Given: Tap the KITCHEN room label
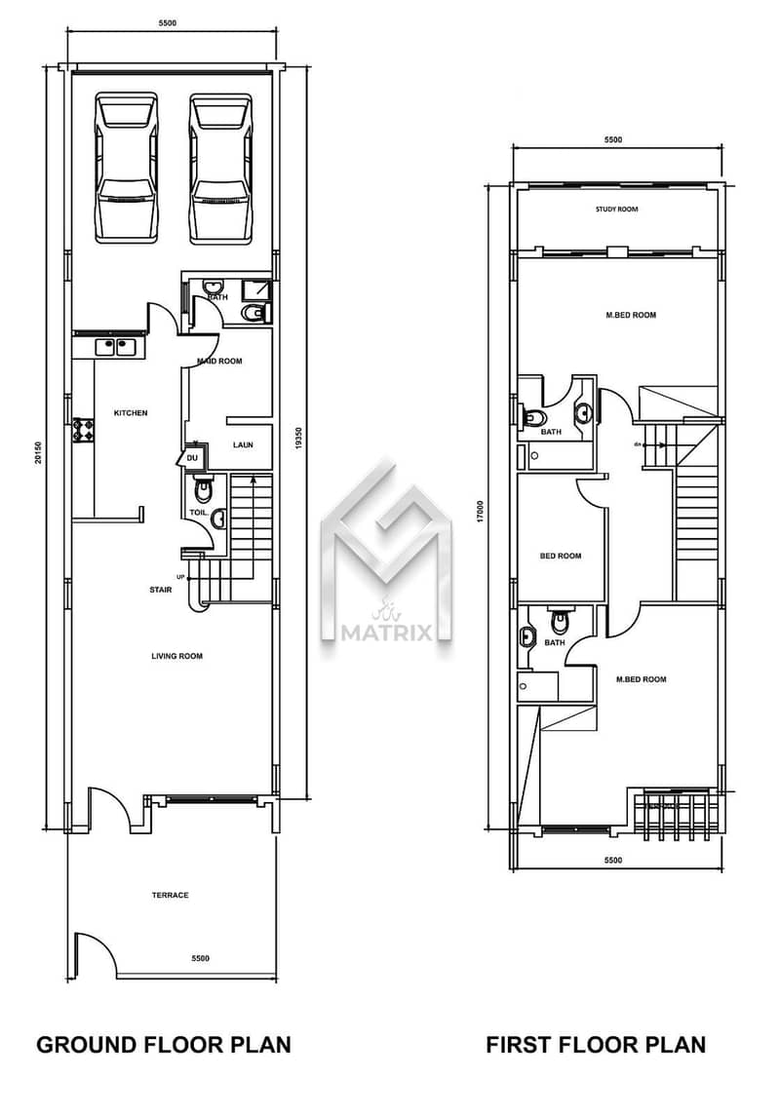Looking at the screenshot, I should pyautogui.click(x=131, y=413).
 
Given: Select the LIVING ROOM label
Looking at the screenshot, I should pyautogui.click(x=176, y=656).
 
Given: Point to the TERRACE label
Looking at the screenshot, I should pyautogui.click(x=170, y=895).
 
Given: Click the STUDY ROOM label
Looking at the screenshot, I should pyautogui.click(x=616, y=210).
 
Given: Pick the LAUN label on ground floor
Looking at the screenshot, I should pyautogui.click(x=243, y=445).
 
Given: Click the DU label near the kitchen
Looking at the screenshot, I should pyautogui.click(x=192, y=457).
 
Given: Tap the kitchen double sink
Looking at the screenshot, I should pyautogui.click(x=116, y=346).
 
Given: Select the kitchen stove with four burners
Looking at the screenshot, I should pyautogui.click(x=83, y=431).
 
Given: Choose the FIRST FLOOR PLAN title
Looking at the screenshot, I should pyautogui.click(x=596, y=1045).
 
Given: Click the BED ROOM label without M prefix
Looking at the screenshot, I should pyautogui.click(x=561, y=557).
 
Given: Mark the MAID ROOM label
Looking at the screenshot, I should pyautogui.click(x=220, y=361).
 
